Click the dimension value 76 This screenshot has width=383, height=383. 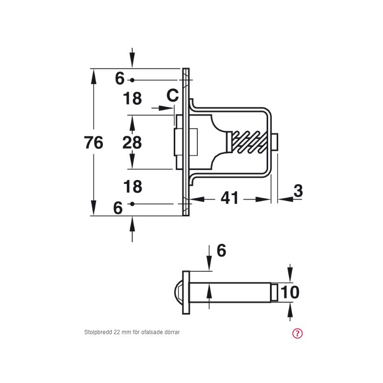coord(93,143)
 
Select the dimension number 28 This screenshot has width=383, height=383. coord(132,143)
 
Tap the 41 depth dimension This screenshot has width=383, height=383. coord(230,198)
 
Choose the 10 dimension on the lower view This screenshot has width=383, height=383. coord(290,292)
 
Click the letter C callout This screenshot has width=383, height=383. coord(173,96)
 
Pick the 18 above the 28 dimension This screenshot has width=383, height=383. coord(132,99)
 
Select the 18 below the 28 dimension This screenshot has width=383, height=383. coord(132,187)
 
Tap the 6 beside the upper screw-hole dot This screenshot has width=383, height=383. coord(120,79)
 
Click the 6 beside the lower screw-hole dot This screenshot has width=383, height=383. coord(118,208)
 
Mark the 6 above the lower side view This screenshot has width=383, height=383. coord(221,250)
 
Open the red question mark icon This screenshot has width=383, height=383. coord(297,334)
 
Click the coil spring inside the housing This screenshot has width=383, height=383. coord(248,143)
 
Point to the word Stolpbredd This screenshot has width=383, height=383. coord(98,332)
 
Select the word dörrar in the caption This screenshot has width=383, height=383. coord(171,332)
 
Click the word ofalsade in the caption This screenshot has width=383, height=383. coord(152,332)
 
